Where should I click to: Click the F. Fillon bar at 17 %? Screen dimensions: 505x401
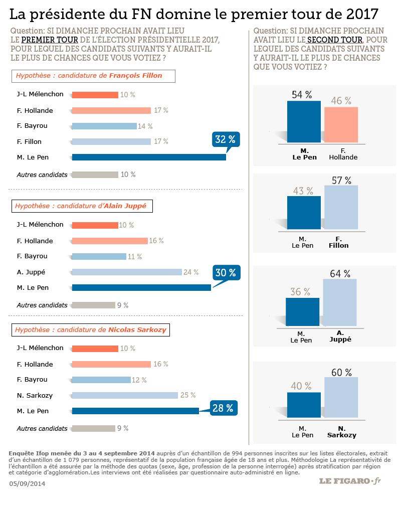(x=111, y=142)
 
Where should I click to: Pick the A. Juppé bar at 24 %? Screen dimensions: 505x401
(x=127, y=272)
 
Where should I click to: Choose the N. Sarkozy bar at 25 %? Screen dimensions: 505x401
(x=125, y=396)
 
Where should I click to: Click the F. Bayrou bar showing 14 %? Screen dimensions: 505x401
(x=104, y=126)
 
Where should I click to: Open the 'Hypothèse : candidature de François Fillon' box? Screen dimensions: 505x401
(x=94, y=76)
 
